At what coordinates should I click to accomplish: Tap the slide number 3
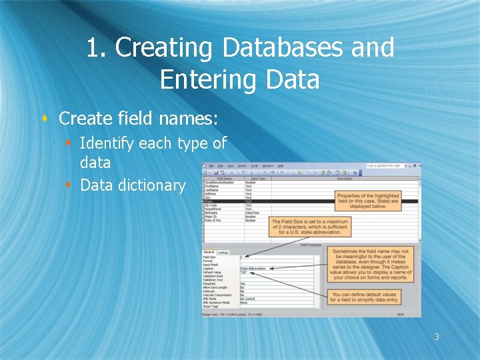(x=437, y=337)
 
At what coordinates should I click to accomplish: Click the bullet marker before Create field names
(x=45, y=119)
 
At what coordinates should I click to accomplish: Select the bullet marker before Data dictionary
(x=68, y=185)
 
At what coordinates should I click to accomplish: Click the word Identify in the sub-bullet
(x=107, y=143)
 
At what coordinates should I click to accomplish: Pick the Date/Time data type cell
(x=253, y=213)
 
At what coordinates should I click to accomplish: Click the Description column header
(x=344, y=178)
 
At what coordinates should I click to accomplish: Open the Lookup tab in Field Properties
(x=223, y=252)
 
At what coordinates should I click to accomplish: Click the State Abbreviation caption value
(x=253, y=269)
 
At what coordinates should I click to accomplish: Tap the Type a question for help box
(x=387, y=165)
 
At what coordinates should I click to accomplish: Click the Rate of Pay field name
(x=213, y=220)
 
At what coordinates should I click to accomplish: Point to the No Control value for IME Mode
(x=247, y=298)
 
